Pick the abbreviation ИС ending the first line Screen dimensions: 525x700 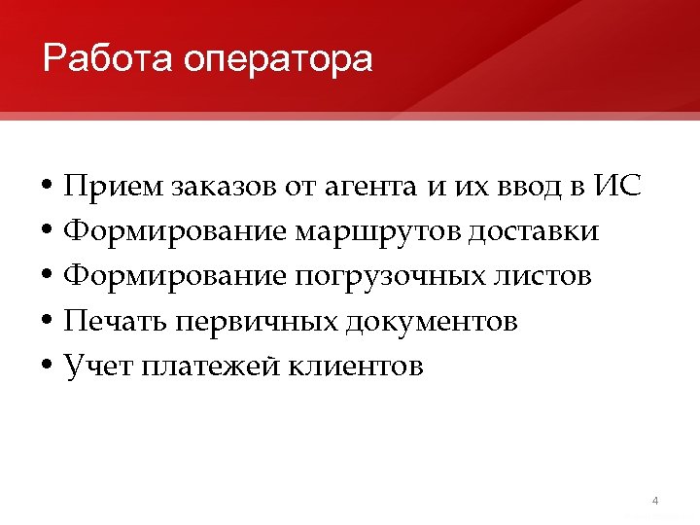tap(616, 187)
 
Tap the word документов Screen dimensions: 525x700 tap(431, 321)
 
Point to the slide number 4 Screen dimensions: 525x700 tap(655, 502)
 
